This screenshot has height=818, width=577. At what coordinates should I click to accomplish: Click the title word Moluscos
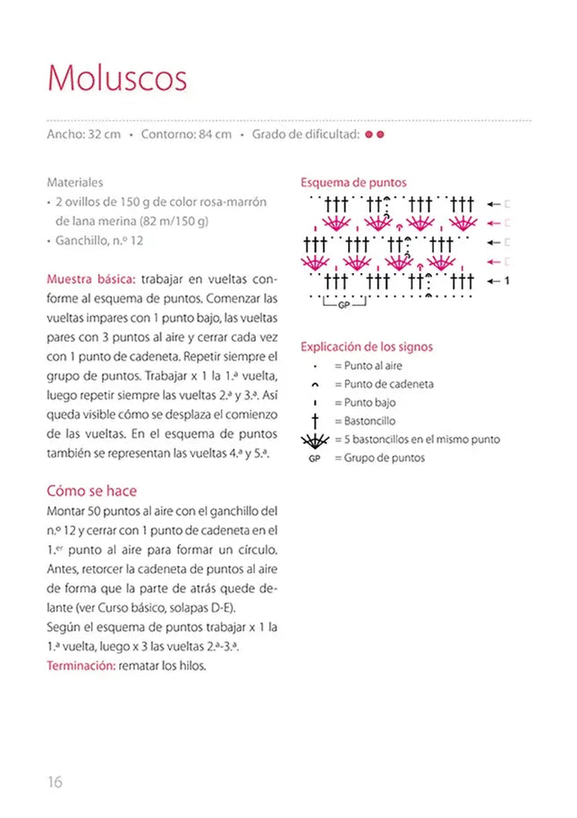pyautogui.click(x=117, y=79)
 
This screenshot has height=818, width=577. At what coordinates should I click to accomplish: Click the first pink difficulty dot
pyautogui.click(x=369, y=135)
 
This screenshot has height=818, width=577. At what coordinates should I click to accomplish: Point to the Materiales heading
pyautogui.click(x=75, y=182)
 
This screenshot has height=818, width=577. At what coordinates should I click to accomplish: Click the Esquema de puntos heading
pyautogui.click(x=353, y=182)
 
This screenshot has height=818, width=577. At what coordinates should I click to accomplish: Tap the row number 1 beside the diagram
pyautogui.click(x=507, y=281)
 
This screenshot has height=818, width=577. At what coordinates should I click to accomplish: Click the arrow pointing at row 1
pyautogui.click(x=493, y=281)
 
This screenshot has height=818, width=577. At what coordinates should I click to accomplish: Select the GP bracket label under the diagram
pyautogui.click(x=344, y=305)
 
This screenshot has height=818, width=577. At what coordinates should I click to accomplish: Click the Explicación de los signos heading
pyautogui.click(x=367, y=346)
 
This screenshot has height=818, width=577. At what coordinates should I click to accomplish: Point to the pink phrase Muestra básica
pyautogui.click(x=90, y=278)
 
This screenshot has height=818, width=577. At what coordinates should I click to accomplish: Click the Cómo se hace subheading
pyautogui.click(x=91, y=490)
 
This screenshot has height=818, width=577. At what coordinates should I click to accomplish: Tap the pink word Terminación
pyautogui.click(x=79, y=665)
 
